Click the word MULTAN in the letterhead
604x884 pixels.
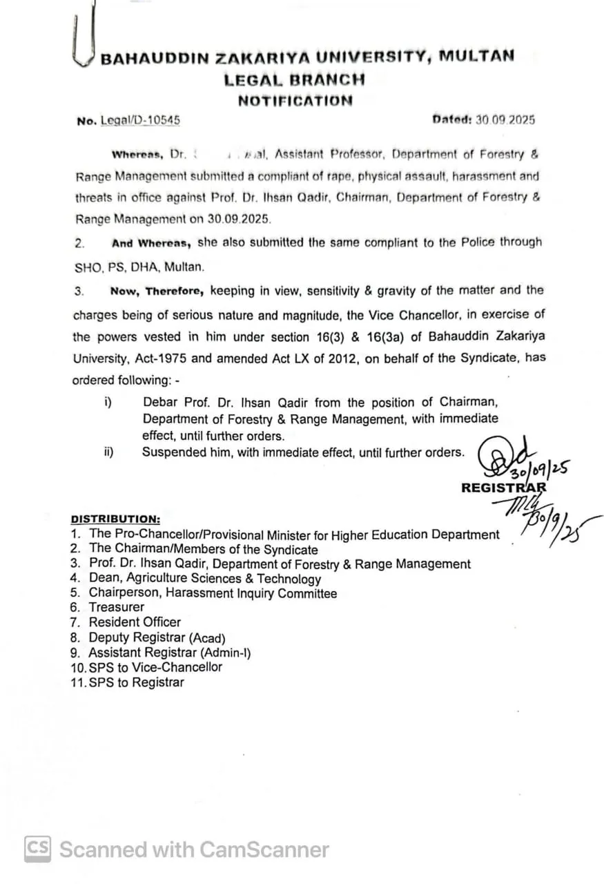(477, 56)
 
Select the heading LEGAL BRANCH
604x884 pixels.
(294, 79)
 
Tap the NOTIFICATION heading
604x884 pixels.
(295, 101)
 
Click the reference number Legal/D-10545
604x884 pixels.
(140, 120)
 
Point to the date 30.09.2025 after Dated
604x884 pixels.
(505, 119)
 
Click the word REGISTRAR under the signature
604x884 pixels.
(504, 488)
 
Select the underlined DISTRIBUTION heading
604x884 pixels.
(115, 519)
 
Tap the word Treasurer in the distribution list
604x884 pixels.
(117, 607)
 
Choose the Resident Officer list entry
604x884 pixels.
(135, 622)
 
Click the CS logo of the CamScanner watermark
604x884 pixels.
(38, 848)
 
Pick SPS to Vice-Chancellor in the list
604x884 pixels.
(155, 667)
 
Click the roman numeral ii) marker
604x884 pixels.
(108, 452)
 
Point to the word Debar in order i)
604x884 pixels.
(159, 403)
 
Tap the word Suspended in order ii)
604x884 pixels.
(172, 452)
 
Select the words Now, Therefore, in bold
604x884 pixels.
(157, 291)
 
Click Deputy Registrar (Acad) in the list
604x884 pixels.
(157, 637)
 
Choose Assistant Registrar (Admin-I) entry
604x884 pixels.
(169, 653)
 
